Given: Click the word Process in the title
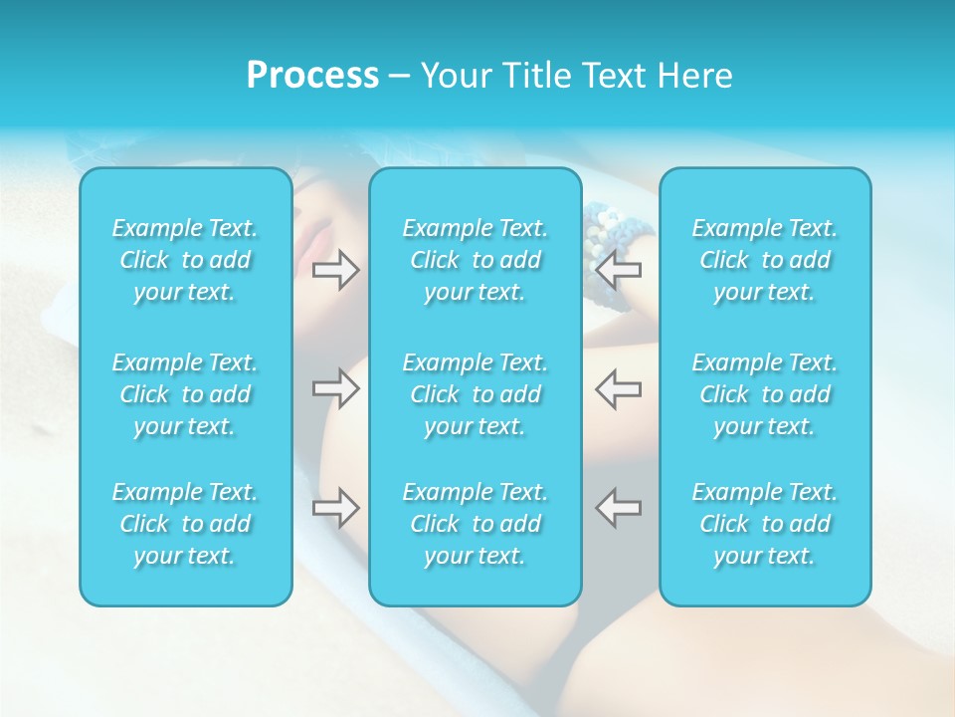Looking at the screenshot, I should tap(312, 76).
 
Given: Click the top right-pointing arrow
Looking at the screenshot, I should tap(336, 269).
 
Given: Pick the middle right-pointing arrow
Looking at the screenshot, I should tap(336, 388).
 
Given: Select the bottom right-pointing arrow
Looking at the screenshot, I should tap(336, 507).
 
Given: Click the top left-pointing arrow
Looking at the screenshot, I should tap(619, 269).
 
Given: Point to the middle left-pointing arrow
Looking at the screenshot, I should tap(619, 388).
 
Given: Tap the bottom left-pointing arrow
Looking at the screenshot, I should tap(619, 507).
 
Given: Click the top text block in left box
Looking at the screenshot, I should tap(185, 260).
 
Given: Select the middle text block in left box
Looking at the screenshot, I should tap(185, 394).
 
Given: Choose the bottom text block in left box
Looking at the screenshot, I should tap(185, 524).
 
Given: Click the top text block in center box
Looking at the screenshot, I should tap(476, 260).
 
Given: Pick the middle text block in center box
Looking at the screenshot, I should tap(476, 394).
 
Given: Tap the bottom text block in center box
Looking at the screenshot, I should tap(476, 524).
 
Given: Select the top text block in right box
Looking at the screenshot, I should tap(765, 260).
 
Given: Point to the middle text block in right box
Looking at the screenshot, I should tap(765, 394).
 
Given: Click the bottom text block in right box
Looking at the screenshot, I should tap(765, 524).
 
